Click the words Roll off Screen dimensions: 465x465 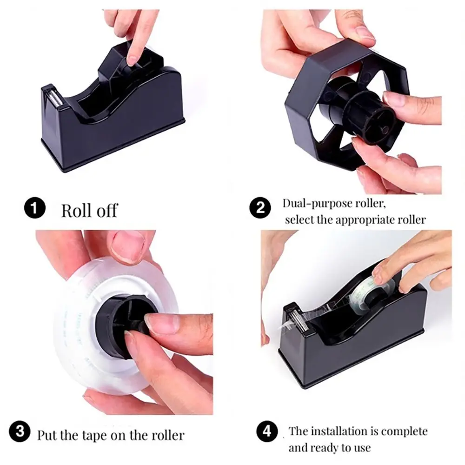[x=89, y=210]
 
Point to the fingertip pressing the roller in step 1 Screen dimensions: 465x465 [x=133, y=59]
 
